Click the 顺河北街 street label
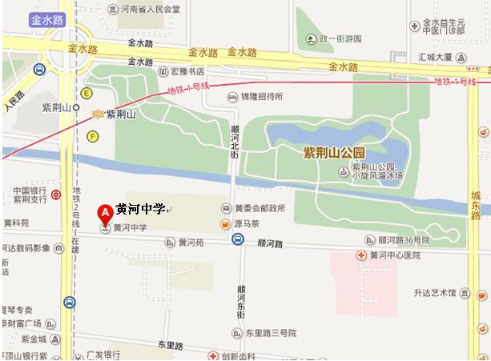pyautogui.click(x=235, y=143)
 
